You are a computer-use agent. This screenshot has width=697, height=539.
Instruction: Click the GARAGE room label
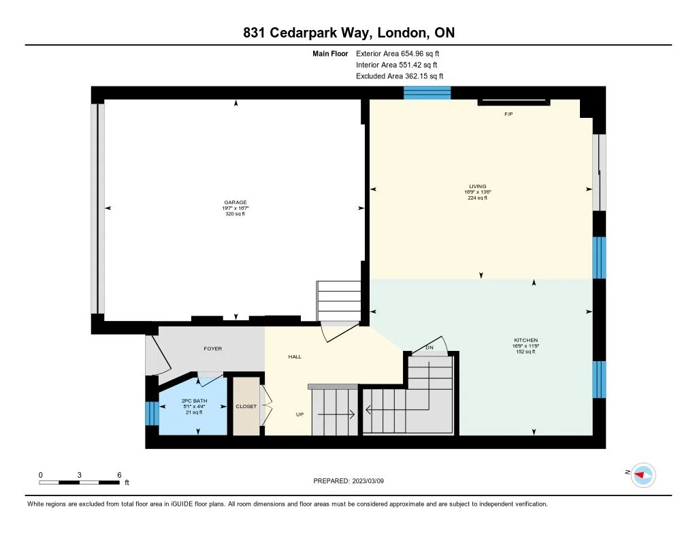click(235, 202)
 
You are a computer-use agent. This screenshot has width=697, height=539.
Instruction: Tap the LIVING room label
click(478, 187)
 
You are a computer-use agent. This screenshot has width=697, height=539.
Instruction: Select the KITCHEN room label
click(526, 340)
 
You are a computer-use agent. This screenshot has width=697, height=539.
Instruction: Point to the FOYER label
click(213, 348)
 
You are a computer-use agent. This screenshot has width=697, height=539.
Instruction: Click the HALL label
click(295, 356)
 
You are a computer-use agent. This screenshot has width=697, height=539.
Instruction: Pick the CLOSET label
click(246, 406)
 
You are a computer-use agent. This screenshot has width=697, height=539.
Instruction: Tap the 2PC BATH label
click(194, 401)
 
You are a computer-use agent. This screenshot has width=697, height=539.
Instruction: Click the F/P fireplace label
click(509, 114)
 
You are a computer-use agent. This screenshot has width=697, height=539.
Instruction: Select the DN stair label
click(429, 348)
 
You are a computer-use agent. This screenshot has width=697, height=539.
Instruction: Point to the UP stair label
click(300, 414)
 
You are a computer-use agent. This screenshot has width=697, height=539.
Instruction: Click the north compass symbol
click(643, 475)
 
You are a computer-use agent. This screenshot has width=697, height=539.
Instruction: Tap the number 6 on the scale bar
click(119, 475)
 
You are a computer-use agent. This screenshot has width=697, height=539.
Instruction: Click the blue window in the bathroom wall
click(152, 413)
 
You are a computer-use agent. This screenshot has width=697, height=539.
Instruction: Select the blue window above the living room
click(427, 93)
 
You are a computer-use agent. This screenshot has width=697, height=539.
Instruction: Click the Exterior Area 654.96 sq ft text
click(398, 53)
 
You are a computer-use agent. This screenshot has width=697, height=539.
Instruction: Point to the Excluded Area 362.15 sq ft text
click(400, 76)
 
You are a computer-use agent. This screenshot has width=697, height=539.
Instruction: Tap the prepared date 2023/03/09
click(368, 480)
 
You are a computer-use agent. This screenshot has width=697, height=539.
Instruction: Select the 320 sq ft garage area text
click(235, 214)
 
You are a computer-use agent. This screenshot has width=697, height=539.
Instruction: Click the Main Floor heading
click(330, 53)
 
